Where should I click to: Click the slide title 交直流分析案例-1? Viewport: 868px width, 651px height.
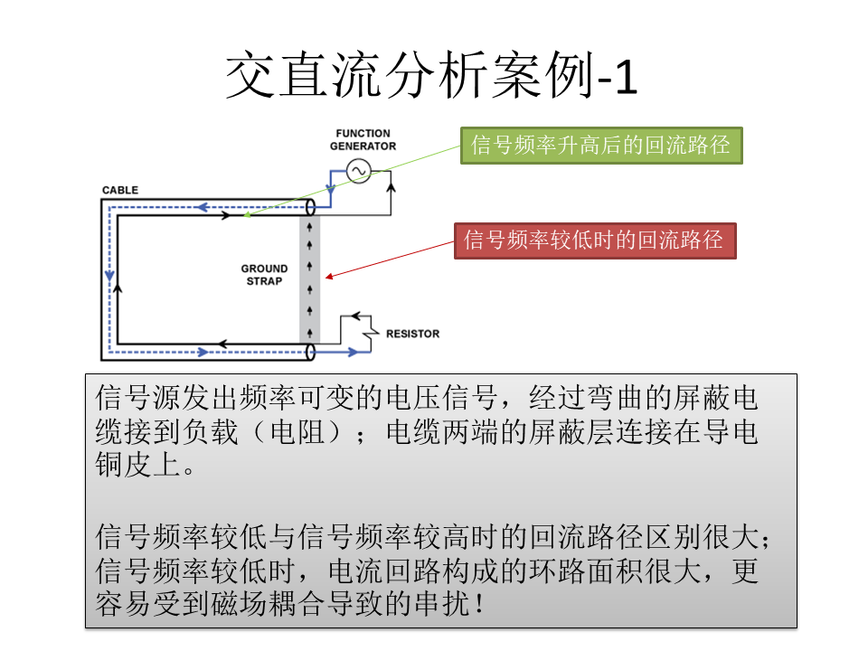pos(431,75)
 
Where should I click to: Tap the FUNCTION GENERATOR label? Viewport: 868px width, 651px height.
pos(363,139)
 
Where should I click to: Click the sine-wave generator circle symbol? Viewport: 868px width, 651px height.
pos(359,171)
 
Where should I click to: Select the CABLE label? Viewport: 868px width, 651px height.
pos(120,190)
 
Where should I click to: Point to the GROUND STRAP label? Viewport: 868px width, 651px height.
pos(264,275)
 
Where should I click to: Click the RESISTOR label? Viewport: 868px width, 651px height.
pos(413,334)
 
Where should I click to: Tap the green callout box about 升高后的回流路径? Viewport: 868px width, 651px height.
pos(601,146)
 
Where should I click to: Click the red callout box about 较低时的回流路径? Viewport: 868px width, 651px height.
pos(595,241)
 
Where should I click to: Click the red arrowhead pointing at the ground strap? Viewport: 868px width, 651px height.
pos(329,277)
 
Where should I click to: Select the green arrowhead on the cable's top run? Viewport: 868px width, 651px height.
pos(247,215)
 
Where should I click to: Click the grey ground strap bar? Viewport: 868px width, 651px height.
pos(309,279)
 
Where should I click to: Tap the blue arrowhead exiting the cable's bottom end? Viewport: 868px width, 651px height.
pos(352,352)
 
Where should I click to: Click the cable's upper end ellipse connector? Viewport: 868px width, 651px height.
pos(310,208)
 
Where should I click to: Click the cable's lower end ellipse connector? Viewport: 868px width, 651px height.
pos(310,352)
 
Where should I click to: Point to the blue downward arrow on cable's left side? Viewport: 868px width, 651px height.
pos(109,275)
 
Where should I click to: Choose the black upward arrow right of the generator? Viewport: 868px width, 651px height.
pos(391,188)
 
